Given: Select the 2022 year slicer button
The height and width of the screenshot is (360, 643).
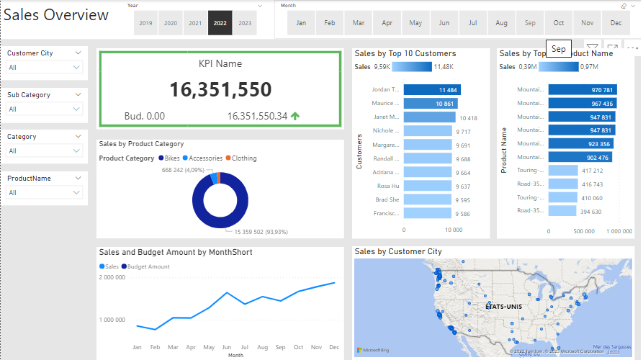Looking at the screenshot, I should [220, 23].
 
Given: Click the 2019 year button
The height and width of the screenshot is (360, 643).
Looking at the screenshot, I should [145, 23].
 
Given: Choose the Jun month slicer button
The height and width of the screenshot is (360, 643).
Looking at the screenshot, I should [444, 23].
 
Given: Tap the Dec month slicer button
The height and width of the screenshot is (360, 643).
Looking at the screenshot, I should [616, 23].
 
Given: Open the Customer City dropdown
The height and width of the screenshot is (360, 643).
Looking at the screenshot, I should [45, 67].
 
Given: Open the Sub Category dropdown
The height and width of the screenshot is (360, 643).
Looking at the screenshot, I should [45, 109].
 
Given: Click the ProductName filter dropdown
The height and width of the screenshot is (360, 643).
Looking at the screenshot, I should [45, 192].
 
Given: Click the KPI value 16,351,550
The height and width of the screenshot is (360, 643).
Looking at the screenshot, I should [220, 89].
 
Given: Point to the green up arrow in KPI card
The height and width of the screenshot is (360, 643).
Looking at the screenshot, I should [296, 116].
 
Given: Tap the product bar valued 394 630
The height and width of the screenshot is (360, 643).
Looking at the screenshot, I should [562, 212].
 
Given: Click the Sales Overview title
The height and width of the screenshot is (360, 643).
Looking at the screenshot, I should [57, 15].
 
